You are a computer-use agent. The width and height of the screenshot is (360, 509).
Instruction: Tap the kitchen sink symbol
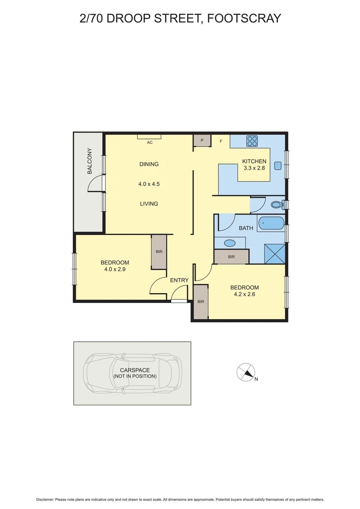click(x=278, y=165)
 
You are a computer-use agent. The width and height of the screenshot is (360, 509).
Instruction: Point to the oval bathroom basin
click(x=229, y=243)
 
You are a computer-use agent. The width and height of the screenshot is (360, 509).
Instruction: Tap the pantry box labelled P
click(x=202, y=141)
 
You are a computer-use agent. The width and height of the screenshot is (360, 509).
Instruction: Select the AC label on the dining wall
click(x=150, y=142)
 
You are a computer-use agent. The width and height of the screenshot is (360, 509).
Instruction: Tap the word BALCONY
click(x=90, y=162)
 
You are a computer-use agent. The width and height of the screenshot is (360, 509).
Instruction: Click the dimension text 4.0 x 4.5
click(x=149, y=184)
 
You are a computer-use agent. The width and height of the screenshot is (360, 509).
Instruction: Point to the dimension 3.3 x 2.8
click(x=254, y=168)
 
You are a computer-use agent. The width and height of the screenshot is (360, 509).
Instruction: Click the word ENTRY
click(x=179, y=280)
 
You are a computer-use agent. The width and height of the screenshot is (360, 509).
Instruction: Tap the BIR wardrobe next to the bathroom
click(x=231, y=257)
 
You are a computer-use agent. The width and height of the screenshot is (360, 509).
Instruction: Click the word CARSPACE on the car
click(x=135, y=370)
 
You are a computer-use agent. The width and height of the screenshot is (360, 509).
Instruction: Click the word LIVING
click(x=149, y=204)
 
